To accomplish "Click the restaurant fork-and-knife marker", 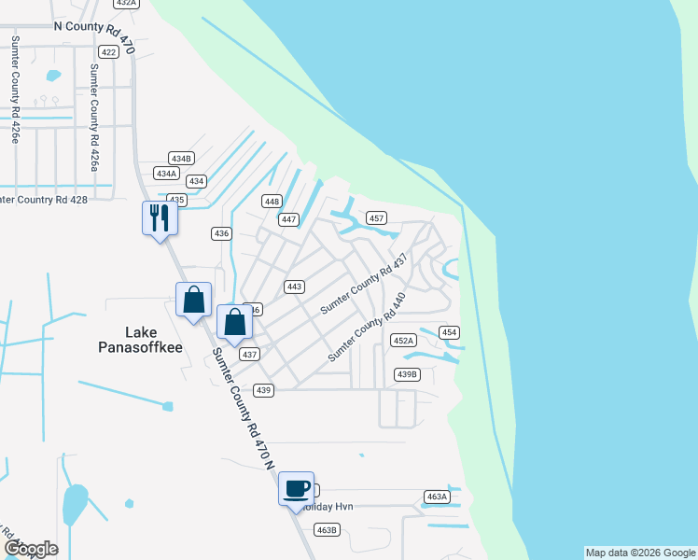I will tap(160, 218).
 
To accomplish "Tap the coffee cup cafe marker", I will tap(297, 488).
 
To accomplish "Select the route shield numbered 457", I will tap(376, 217).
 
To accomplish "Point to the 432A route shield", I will tap(126, 4).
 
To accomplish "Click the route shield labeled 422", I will tap(109, 52).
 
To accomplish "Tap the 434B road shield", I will tap(181, 158).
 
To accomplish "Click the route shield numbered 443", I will tap(295, 287).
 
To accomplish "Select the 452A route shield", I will tap(403, 340).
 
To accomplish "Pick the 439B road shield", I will tap(408, 374).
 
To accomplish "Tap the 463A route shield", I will tap(437, 497).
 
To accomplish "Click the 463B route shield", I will tap(326, 530).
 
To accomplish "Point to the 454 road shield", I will tap(450, 332).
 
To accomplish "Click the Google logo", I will tap(31, 548).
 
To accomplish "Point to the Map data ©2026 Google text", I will tap(640, 553).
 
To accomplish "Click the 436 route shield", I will tap(221, 233).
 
